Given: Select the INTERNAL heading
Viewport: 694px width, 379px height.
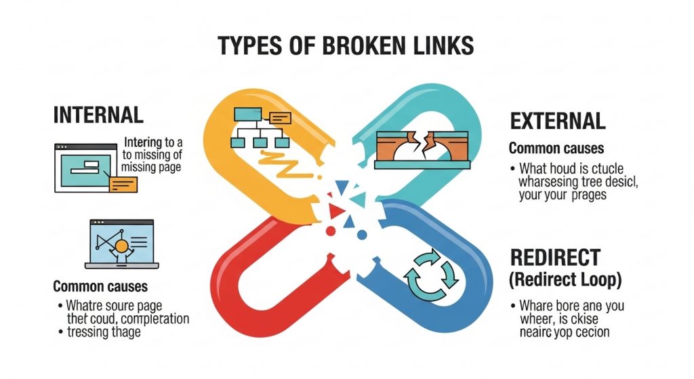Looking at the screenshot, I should tap(98, 115).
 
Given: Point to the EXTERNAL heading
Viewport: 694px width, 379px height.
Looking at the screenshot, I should tap(557, 121).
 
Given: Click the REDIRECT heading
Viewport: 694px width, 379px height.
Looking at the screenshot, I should tap(555, 258).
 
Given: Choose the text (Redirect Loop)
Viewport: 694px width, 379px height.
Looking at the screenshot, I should tap(565, 279).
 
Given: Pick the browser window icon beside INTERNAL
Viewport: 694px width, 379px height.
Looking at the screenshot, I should tap(88, 167).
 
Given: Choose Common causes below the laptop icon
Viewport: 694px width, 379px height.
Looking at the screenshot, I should tap(100, 287).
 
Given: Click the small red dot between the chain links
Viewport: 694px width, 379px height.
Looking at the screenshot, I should tap(331, 231).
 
